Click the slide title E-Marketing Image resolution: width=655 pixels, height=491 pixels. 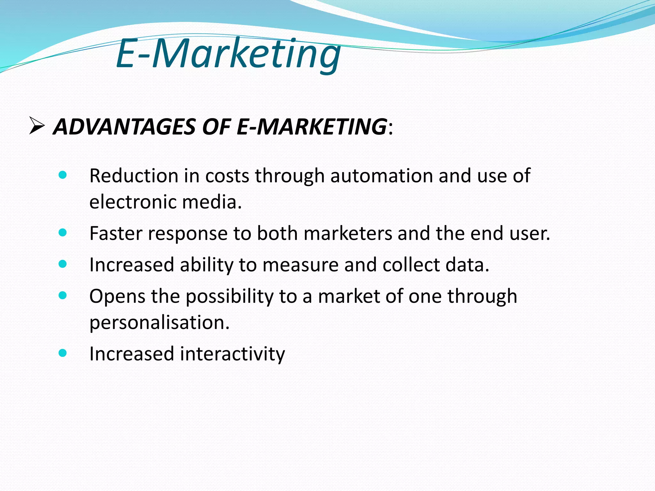228,54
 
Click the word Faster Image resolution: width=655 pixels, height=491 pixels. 115,233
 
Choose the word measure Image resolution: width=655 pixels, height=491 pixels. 300,265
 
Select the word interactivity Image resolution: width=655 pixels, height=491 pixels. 232,354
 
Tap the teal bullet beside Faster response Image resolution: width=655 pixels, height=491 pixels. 63,232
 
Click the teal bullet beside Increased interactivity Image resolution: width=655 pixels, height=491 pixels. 63,353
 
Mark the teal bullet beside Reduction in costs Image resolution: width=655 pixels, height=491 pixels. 63,175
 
